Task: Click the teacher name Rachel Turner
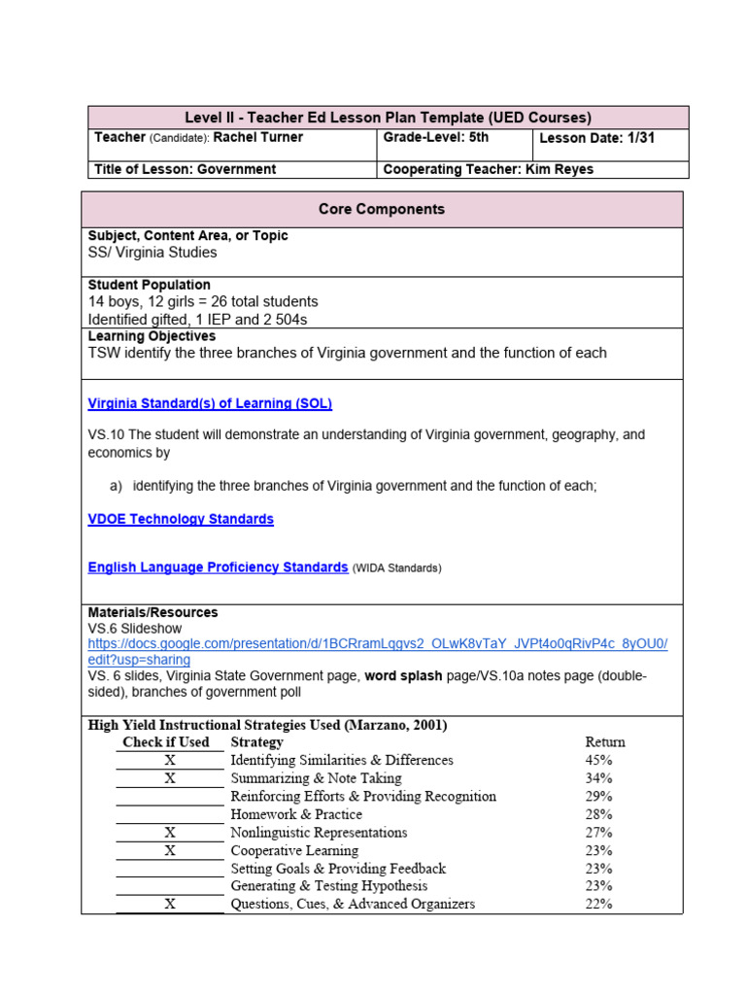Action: click(x=257, y=138)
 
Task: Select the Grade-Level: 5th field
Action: click(x=436, y=138)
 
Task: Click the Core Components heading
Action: click(x=382, y=209)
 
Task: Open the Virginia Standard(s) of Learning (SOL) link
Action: click(x=210, y=403)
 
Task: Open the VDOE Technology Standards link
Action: click(x=181, y=519)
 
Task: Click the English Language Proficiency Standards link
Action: click(x=218, y=567)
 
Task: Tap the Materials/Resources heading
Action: click(x=153, y=612)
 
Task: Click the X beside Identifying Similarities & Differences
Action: click(x=170, y=760)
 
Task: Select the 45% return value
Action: click(x=598, y=760)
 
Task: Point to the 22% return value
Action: click(x=598, y=904)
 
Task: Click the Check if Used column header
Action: click(x=165, y=741)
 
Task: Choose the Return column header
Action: click(x=605, y=741)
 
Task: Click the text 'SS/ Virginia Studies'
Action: click(x=153, y=253)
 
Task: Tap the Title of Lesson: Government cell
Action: click(x=185, y=169)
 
